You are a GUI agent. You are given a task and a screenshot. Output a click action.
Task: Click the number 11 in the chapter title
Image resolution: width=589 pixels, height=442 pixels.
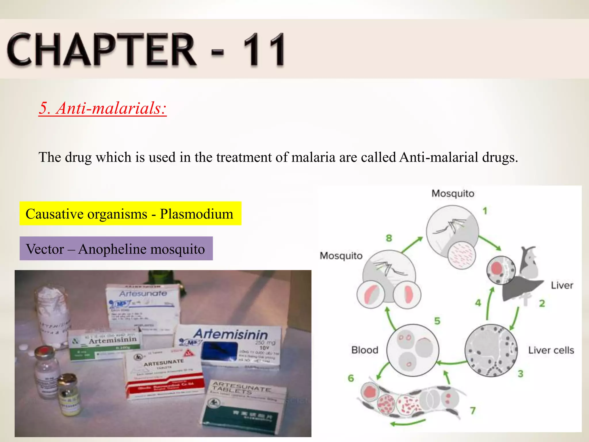tap(264, 49)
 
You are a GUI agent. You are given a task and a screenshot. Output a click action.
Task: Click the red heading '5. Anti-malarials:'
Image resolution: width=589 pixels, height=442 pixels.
tap(103, 108)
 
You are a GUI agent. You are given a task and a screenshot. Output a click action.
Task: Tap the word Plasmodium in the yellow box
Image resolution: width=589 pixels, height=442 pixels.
tap(196, 214)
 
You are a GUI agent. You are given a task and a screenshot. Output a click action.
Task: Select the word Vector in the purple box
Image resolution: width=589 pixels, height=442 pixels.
tap(45, 249)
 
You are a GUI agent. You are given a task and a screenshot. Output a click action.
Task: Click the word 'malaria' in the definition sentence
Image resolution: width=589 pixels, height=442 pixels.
tap(313, 157)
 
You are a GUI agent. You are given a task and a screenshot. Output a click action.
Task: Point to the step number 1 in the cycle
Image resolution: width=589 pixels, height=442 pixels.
tap(485, 211)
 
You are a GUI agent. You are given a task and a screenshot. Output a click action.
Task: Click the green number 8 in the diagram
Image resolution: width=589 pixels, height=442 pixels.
tap(389, 238)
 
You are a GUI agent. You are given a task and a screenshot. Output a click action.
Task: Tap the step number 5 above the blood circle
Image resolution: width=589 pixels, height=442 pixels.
tap(437, 321)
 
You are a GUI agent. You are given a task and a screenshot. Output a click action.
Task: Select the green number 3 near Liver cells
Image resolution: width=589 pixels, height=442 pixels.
tap(521, 374)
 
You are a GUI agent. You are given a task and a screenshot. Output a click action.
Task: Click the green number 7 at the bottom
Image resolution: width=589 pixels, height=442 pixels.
tap(473, 410)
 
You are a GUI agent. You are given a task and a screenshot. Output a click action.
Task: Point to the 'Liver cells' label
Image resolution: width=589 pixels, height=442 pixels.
tap(551, 350)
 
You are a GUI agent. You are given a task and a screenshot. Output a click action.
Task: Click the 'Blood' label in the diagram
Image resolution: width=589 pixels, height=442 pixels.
tap(365, 350)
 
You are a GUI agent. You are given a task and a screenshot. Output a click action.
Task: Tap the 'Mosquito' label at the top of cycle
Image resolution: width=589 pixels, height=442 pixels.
tap(453, 194)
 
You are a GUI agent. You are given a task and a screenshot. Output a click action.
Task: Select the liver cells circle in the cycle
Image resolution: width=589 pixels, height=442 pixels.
tap(491, 350)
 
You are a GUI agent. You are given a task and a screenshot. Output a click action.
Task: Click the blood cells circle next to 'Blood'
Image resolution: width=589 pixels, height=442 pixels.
tap(413, 350)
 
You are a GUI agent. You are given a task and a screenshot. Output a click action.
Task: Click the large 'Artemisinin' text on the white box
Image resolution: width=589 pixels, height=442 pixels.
tap(230, 335)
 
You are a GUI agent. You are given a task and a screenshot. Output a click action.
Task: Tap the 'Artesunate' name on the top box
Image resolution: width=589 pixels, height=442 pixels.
tap(143, 294)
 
